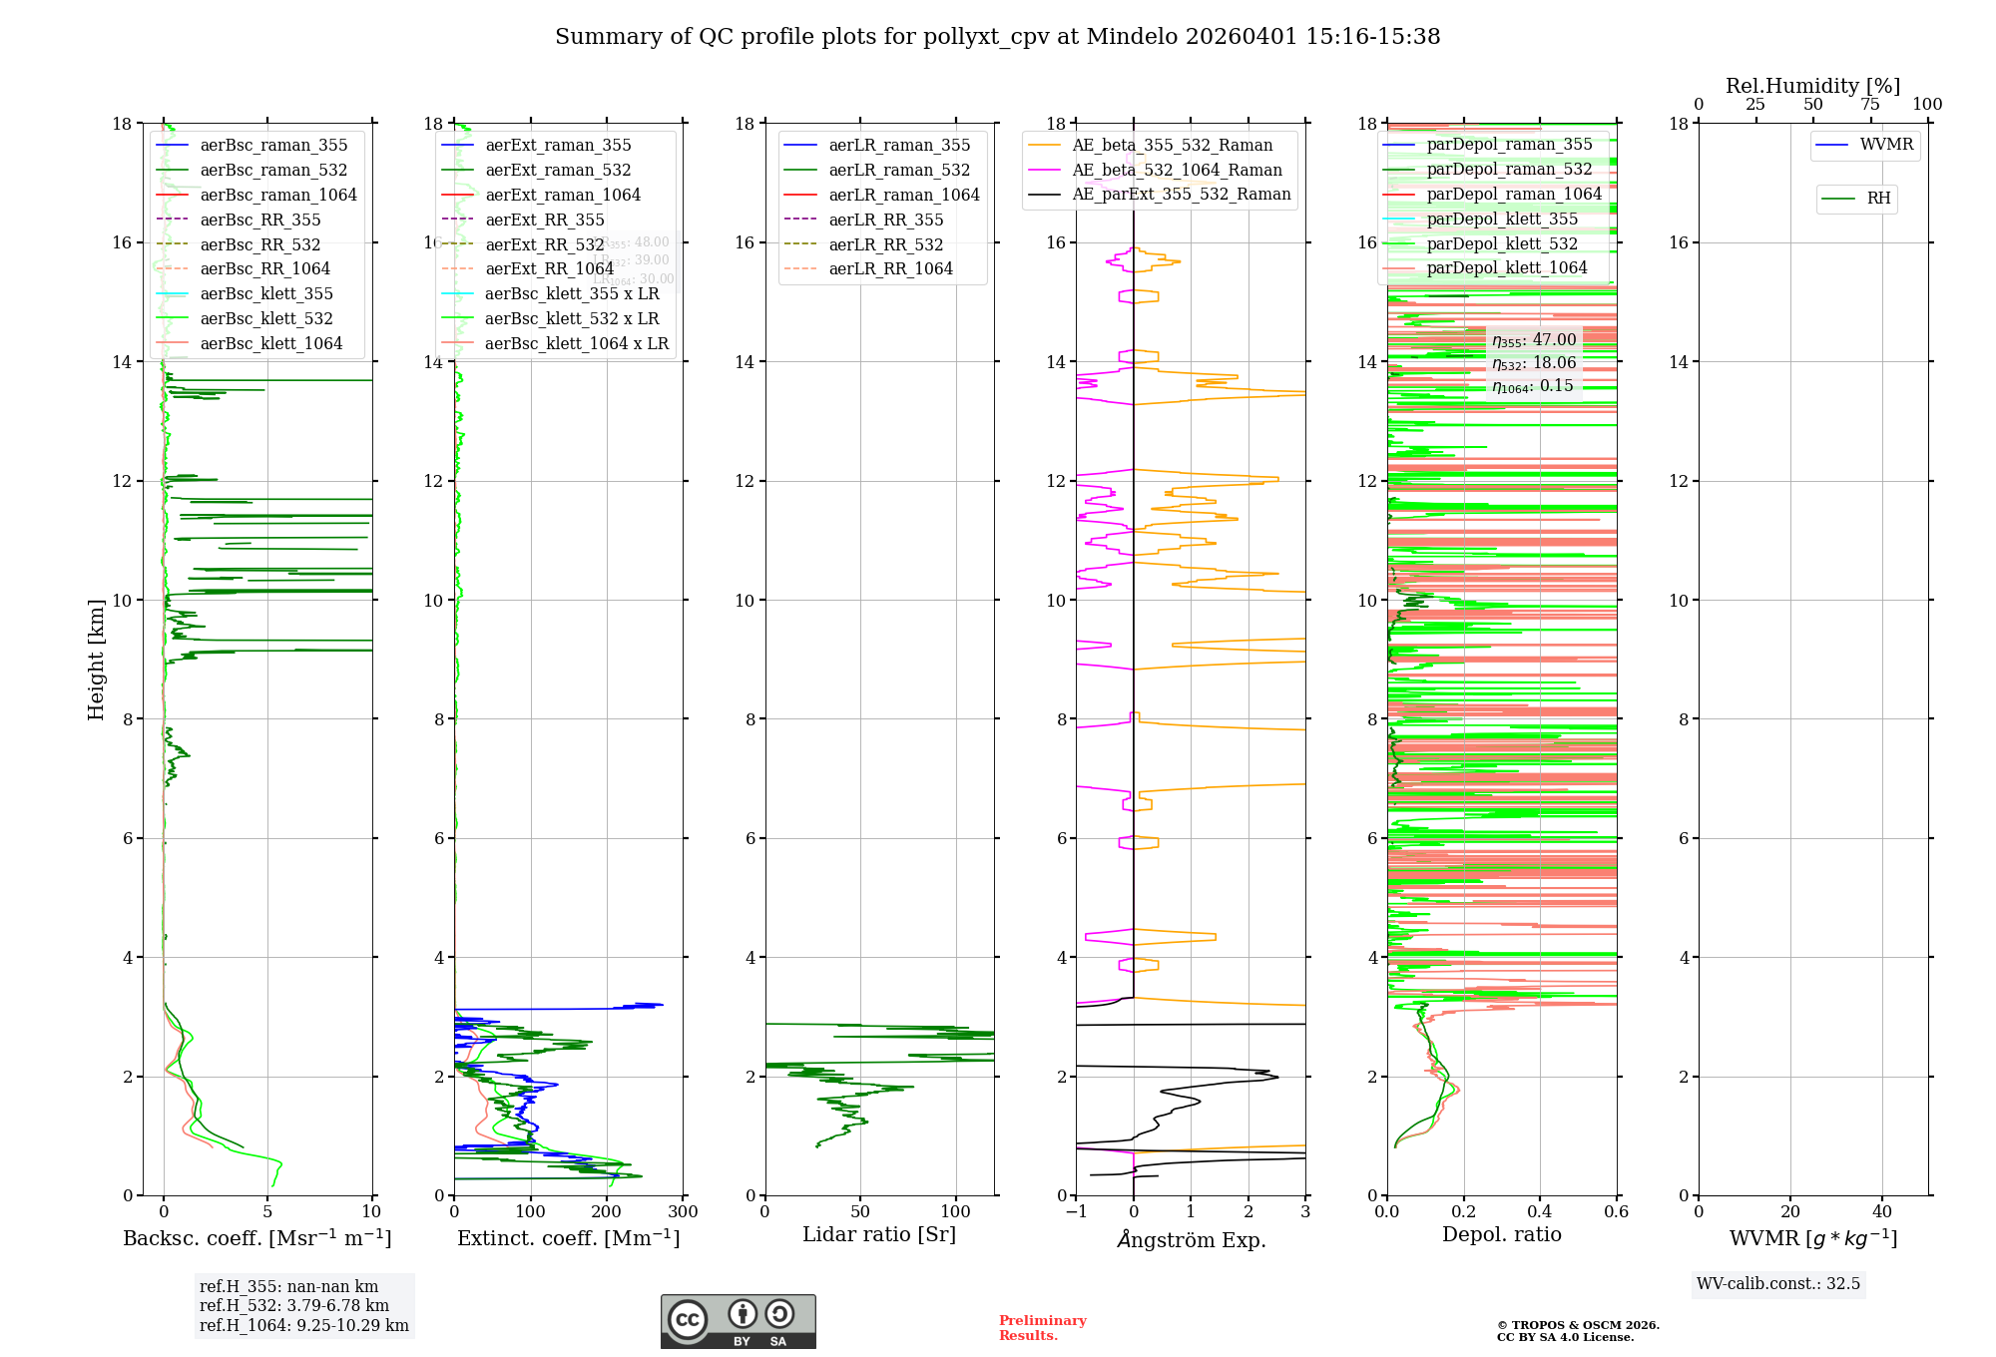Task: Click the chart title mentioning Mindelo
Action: [997, 37]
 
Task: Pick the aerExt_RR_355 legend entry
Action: [544, 220]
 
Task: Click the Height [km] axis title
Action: [96, 660]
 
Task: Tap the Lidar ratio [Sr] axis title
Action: [878, 1234]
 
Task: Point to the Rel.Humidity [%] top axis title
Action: [1812, 86]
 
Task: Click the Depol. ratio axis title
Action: [1501, 1234]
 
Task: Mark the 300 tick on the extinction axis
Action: [684, 1212]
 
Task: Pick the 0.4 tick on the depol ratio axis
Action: [1540, 1212]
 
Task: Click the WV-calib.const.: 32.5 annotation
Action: [1778, 1284]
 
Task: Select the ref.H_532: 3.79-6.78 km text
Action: [294, 1305]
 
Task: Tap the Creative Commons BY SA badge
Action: [738, 1321]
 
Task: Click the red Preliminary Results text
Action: [1042, 1328]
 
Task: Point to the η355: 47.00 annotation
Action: [1534, 340]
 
